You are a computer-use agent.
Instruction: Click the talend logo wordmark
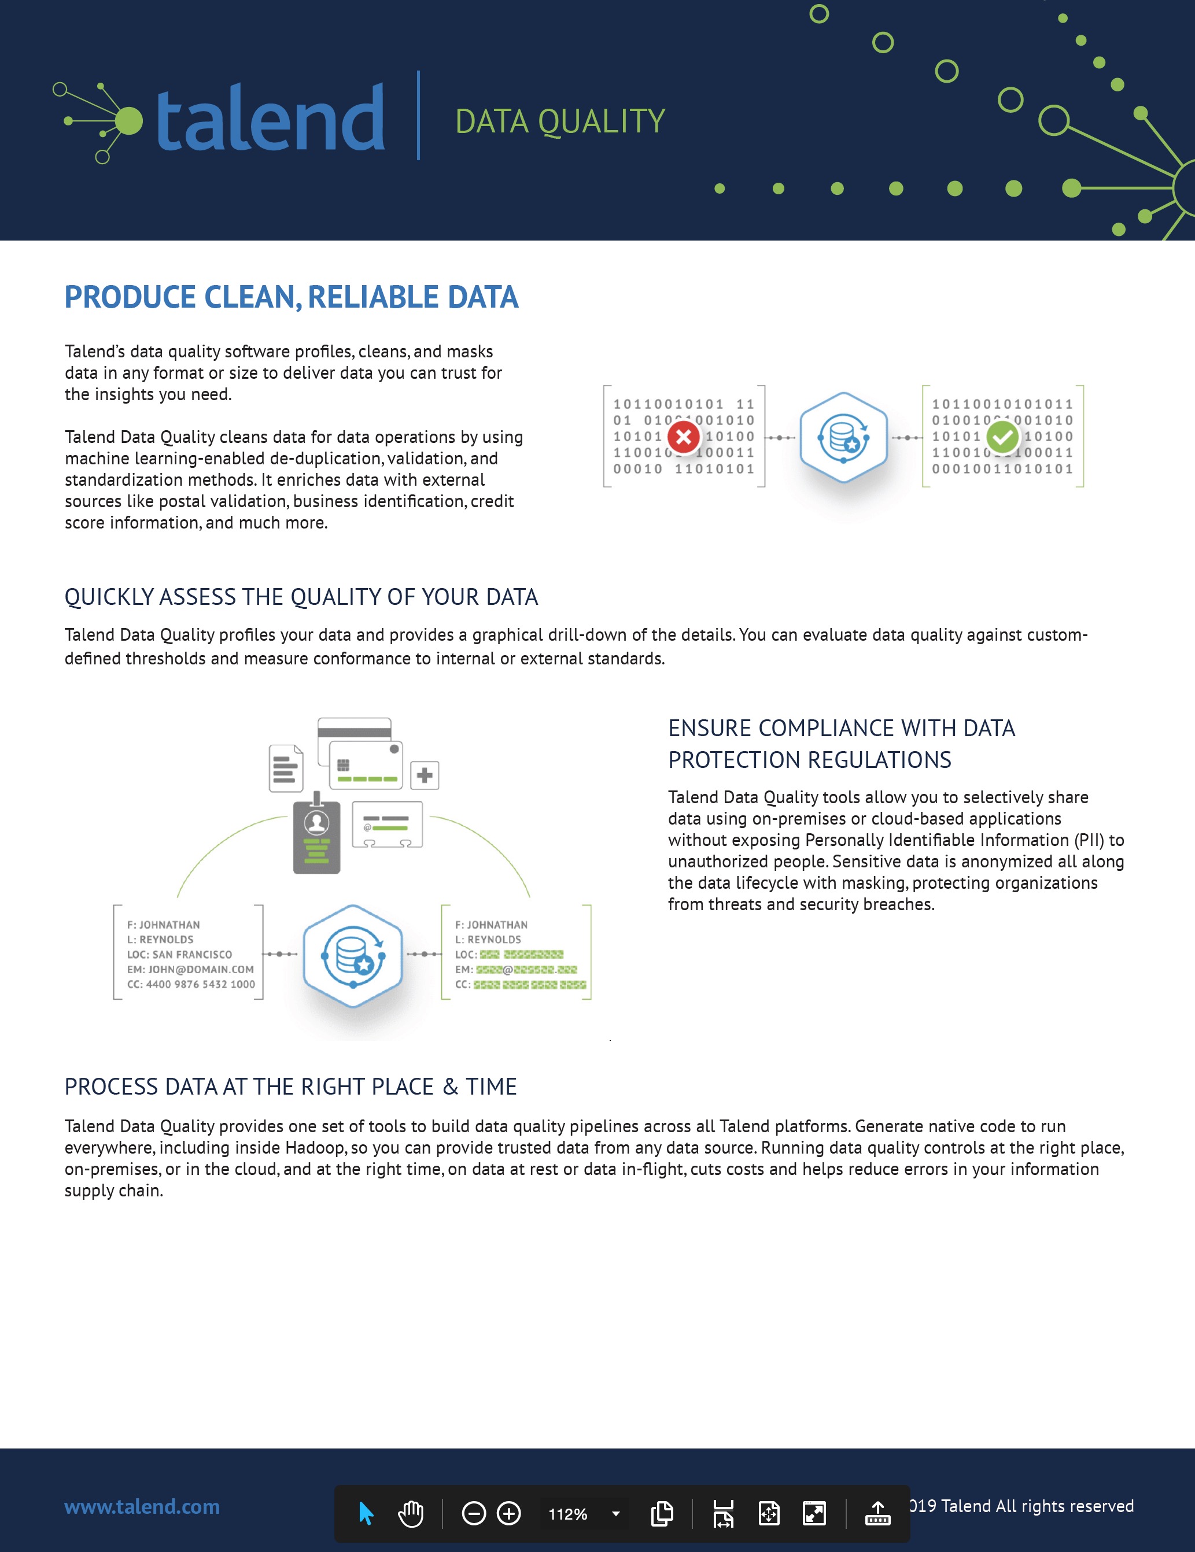coord(270,117)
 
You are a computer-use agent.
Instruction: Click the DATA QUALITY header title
coord(560,121)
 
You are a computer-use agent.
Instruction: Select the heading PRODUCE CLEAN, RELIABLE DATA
coord(292,297)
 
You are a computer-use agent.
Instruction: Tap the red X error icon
coord(684,437)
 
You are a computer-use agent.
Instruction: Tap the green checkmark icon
coord(1003,437)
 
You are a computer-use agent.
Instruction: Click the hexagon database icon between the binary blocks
coord(844,437)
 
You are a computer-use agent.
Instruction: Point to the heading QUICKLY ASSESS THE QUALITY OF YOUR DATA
coord(301,597)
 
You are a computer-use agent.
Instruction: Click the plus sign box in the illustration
coord(425,775)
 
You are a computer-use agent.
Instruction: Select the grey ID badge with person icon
coord(317,836)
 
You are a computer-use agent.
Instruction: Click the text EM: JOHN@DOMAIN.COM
coord(190,969)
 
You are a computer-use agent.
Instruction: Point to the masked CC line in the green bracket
coord(521,984)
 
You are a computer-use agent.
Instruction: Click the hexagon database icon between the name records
coord(353,956)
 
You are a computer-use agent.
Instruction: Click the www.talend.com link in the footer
coord(142,1506)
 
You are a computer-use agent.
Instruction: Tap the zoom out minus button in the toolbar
coord(474,1514)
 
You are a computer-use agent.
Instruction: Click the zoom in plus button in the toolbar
coord(509,1514)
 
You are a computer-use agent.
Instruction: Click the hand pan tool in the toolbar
coord(411,1514)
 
